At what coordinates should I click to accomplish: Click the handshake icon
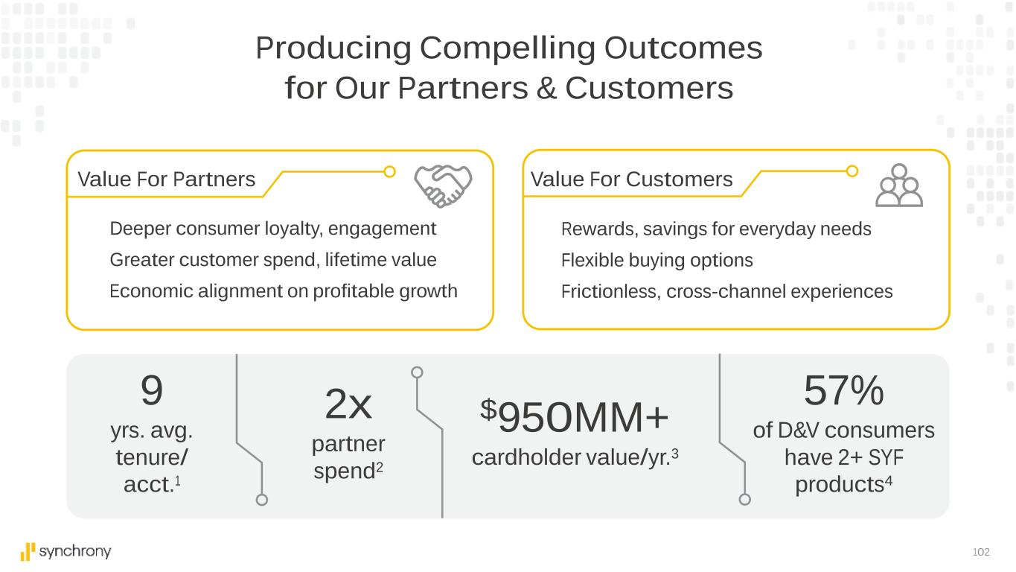point(443,185)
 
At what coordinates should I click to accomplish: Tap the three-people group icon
point(899,185)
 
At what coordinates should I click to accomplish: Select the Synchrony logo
point(66,552)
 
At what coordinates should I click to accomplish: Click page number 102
point(981,552)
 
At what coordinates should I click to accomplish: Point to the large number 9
point(152,390)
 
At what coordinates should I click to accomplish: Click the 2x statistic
point(348,404)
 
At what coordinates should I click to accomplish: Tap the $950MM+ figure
point(574,417)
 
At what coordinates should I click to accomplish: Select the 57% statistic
point(843,390)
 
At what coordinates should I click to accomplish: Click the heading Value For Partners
point(167,179)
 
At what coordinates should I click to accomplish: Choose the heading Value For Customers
point(631,179)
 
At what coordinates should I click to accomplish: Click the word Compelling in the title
point(508,49)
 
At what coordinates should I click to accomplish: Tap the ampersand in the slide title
point(546,88)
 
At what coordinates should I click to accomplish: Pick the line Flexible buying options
point(656,261)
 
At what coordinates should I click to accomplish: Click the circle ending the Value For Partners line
point(389,171)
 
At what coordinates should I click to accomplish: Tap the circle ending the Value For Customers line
point(852,171)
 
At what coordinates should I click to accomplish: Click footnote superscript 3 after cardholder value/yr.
point(675,454)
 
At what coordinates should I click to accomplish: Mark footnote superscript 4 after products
point(889,480)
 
